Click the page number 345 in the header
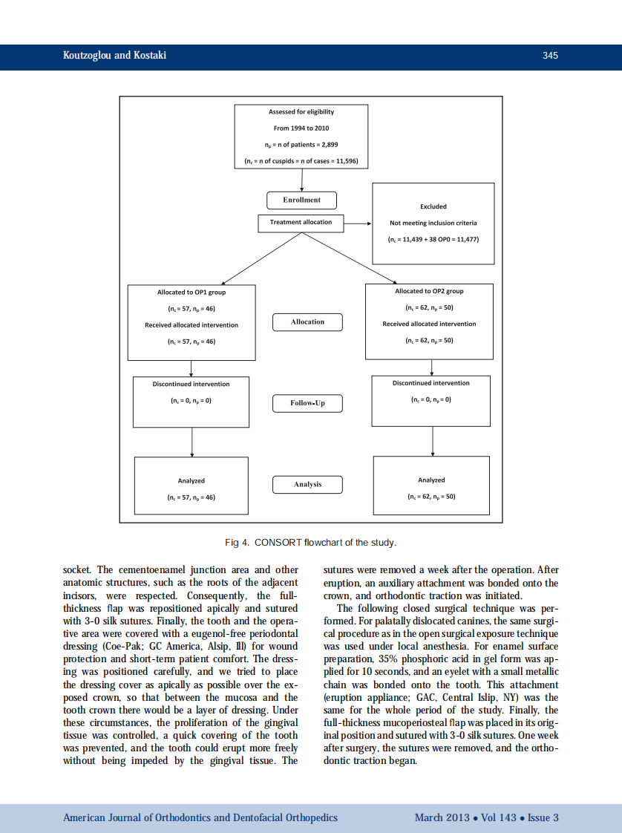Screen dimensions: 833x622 tap(549, 56)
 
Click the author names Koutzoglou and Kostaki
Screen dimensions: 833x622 tap(114, 56)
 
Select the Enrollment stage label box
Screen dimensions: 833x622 tap(301, 200)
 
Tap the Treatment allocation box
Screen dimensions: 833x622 tap(301, 222)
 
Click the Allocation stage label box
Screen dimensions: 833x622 tap(307, 321)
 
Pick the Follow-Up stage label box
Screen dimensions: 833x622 tap(307, 403)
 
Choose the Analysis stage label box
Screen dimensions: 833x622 tap(307, 484)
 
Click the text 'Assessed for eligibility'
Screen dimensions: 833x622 tap(301, 112)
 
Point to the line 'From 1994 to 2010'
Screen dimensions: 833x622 tap(301, 128)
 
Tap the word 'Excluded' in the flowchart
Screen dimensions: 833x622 tap(433, 206)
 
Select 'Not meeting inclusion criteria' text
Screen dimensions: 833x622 tap(433, 223)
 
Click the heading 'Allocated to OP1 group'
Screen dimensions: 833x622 tap(191, 293)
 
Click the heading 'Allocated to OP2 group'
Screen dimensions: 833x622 tap(429, 291)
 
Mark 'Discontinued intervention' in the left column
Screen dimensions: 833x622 tap(191, 384)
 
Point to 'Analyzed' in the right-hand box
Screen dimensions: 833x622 tap(431, 480)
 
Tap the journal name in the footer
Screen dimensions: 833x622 tap(200, 817)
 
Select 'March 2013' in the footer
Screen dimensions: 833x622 tap(442, 817)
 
